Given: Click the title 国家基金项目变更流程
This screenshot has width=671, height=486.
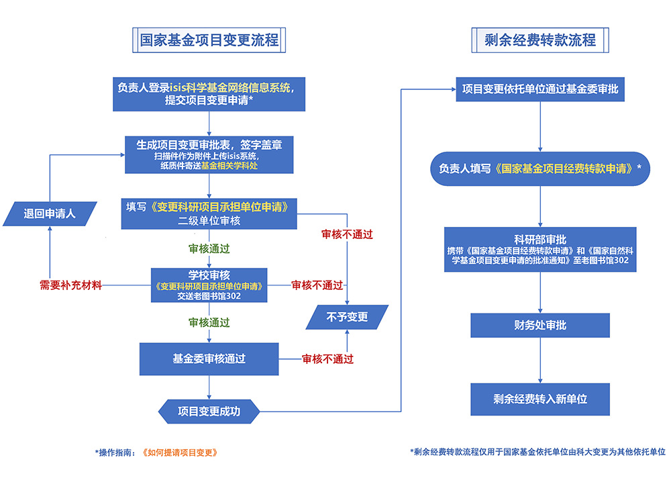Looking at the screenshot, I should coord(209,40).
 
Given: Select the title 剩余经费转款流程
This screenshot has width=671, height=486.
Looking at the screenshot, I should coord(540,40).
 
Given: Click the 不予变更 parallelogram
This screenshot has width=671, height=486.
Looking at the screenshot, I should coord(347,317).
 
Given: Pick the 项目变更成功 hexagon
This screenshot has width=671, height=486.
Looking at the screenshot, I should coord(209,411).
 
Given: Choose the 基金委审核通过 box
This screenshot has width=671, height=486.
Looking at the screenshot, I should coord(209,359).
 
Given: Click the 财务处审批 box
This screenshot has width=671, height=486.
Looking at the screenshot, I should coord(540,325).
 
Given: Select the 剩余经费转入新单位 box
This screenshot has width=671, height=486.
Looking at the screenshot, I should coord(540,399).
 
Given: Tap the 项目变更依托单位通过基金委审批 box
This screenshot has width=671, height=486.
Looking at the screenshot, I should coord(540,89).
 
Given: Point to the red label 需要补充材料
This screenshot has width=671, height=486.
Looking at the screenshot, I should coord(70,285).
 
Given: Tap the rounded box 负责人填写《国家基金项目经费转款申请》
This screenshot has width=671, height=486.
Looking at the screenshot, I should coord(540,169).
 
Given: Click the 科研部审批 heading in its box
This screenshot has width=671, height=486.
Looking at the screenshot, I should coord(540,239).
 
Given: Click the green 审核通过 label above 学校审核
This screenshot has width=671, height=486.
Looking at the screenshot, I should coord(209,248).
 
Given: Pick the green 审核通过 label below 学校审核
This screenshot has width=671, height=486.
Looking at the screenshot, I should coord(209,323).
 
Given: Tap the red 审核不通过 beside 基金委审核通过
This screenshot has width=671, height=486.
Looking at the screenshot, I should coord(327,359).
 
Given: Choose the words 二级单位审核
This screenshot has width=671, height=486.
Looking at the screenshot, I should coord(209,220).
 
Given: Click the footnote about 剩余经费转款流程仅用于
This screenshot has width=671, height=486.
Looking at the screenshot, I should coord(537,452).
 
